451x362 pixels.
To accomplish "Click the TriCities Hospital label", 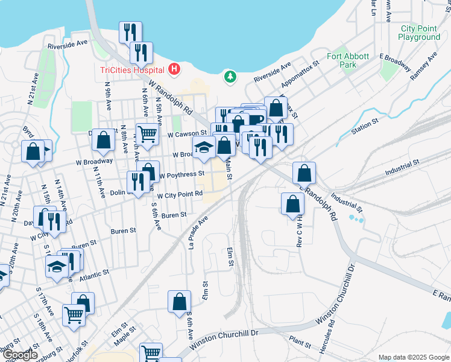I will pos(133,70).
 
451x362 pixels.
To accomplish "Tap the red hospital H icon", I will pos(174,69).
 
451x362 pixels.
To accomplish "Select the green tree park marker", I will pos(229,77).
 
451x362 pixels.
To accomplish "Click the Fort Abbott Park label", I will pos(348,60).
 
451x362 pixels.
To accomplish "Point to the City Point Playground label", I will pos(420,33).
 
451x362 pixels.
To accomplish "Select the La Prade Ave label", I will pos(201,232).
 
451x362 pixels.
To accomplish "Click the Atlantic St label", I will pos(93,273).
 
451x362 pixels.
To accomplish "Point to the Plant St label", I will pos(300,342).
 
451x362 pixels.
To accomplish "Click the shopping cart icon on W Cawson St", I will pos(147,133).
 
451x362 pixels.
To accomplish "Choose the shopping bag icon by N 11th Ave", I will pos(104,139).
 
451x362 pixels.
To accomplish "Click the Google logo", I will pos(19,355).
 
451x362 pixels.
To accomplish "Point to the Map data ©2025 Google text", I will pos(414,357).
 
